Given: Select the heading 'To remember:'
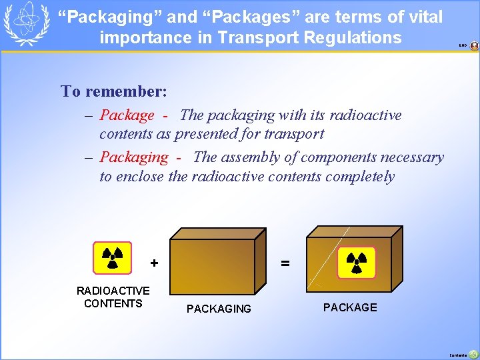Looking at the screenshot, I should (x=114, y=91).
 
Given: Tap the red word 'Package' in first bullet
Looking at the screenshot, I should (x=127, y=115).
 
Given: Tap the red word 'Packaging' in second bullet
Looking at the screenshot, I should (x=133, y=158).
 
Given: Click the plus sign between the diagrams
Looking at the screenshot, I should (x=154, y=263).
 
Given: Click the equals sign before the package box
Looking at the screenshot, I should (x=285, y=263).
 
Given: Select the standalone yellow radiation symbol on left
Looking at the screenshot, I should (x=112, y=258).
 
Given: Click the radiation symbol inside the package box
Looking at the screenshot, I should (x=356, y=262).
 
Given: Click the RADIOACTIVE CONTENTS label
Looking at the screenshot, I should (x=113, y=297).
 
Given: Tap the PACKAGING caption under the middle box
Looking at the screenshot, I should (x=219, y=309).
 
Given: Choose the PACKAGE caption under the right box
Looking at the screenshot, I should (x=350, y=307).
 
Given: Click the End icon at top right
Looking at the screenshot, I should (x=474, y=46).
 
